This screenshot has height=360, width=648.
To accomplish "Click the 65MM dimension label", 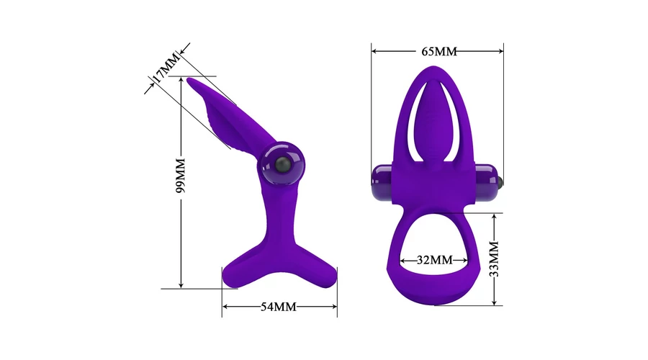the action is (x=439, y=51).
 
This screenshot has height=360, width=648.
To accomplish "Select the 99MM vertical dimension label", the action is (x=181, y=175).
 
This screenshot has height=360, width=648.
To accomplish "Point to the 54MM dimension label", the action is (x=279, y=307).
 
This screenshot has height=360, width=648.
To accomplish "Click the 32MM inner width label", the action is (x=434, y=260).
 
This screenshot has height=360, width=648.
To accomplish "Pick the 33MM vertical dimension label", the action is (x=494, y=258).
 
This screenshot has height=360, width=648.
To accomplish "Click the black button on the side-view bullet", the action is (x=281, y=166).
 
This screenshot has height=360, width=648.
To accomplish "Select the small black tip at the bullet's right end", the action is (x=501, y=181).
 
